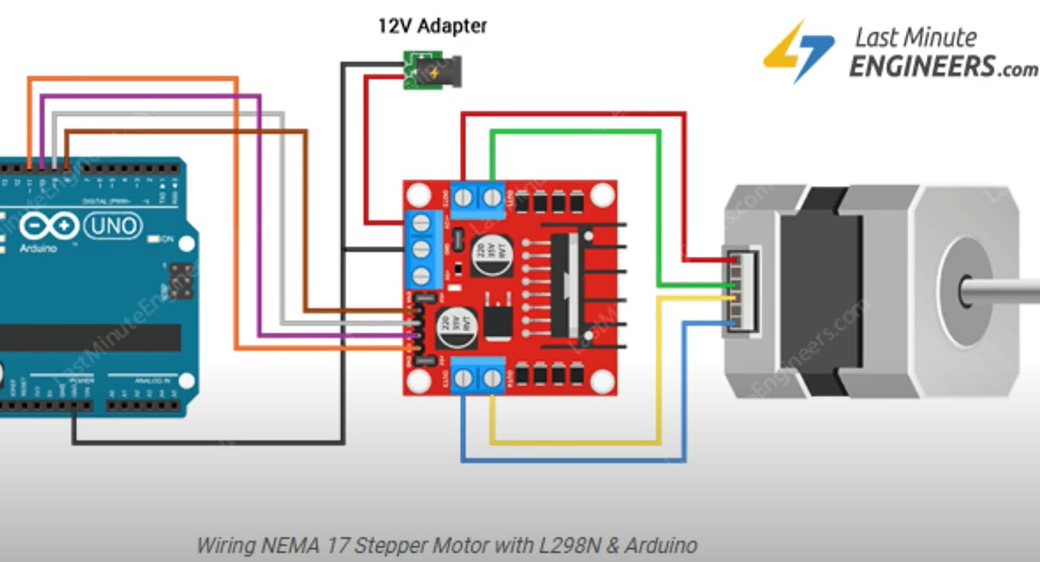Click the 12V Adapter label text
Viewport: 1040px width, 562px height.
(432, 26)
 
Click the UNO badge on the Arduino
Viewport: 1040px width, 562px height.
(113, 225)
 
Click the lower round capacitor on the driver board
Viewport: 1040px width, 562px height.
(457, 328)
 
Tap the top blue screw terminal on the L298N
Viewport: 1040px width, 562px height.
(477, 198)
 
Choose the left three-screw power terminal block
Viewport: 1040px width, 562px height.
(422, 249)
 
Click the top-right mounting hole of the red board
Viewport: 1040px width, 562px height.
(601, 195)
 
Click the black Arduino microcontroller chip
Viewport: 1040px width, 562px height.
(90, 338)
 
